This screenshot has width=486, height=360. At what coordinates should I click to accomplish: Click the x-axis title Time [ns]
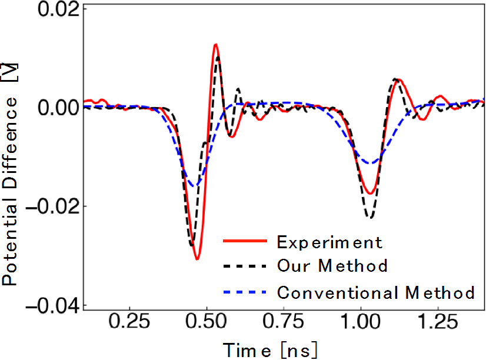pos(271,349)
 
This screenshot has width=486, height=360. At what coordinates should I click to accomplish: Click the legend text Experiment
pos(329,242)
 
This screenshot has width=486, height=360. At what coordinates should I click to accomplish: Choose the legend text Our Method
pos(332,266)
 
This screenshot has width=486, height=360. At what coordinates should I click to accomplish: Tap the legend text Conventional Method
pos(375,292)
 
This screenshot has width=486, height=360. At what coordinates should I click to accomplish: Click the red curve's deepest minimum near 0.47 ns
pos(198,259)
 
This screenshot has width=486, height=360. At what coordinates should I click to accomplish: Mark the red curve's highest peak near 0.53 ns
pos(216,44)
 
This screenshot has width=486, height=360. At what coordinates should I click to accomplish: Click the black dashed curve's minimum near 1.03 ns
pos(370,218)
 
